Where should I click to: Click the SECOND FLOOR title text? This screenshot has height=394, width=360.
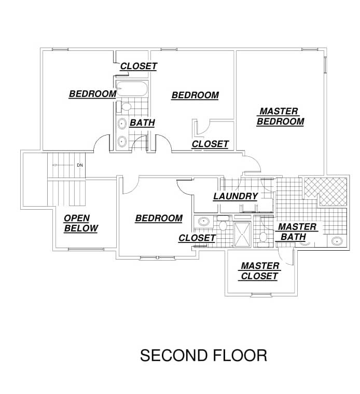pos(203,355)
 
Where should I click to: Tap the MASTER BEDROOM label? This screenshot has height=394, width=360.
pos(280,116)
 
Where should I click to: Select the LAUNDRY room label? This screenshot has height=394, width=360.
pos(236,196)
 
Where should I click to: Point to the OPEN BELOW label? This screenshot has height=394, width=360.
pos(81,223)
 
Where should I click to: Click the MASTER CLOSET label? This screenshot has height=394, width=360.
pos(259,271)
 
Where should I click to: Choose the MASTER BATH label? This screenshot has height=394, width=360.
pos(297,232)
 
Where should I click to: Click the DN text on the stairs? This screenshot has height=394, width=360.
pos(79,165)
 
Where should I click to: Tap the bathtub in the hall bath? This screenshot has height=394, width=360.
pos(132,88)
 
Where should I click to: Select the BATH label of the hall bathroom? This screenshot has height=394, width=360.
pos(142,123)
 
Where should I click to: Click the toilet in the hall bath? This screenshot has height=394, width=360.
pos(125,106)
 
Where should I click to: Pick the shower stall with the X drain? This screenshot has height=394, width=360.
pos(242,234)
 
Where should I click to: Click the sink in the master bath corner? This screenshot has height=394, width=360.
pos(337,241)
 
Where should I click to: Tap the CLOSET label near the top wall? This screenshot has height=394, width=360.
pos(139,66)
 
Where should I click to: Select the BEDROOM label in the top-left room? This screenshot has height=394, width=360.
pos(93,94)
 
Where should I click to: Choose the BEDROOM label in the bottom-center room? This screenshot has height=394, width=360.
pos(159,219)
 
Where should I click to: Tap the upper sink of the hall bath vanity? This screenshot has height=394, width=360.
pos(122,124)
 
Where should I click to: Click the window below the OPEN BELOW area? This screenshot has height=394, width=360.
pos(86,249)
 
